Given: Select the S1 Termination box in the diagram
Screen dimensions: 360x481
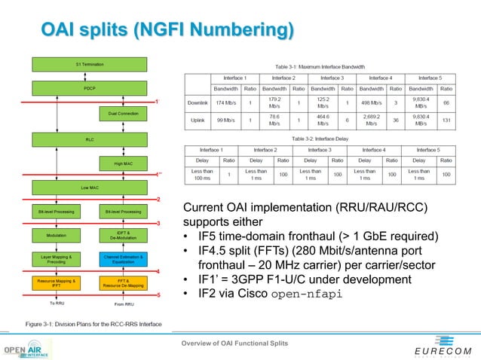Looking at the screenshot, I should click(89, 65).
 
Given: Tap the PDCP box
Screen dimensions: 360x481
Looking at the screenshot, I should click(89, 88).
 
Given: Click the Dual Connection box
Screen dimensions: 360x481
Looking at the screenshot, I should click(119, 113).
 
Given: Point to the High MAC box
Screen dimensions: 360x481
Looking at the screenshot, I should click(119, 163).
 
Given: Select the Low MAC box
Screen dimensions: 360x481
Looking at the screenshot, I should click(89, 187).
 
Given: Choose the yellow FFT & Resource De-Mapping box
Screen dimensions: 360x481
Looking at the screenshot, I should click(119, 283).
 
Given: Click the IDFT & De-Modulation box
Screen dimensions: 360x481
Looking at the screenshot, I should click(119, 235).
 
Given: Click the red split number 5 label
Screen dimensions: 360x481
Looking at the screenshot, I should click(158, 295).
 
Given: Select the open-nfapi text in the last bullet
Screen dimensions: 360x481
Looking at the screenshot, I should click(310, 294).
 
